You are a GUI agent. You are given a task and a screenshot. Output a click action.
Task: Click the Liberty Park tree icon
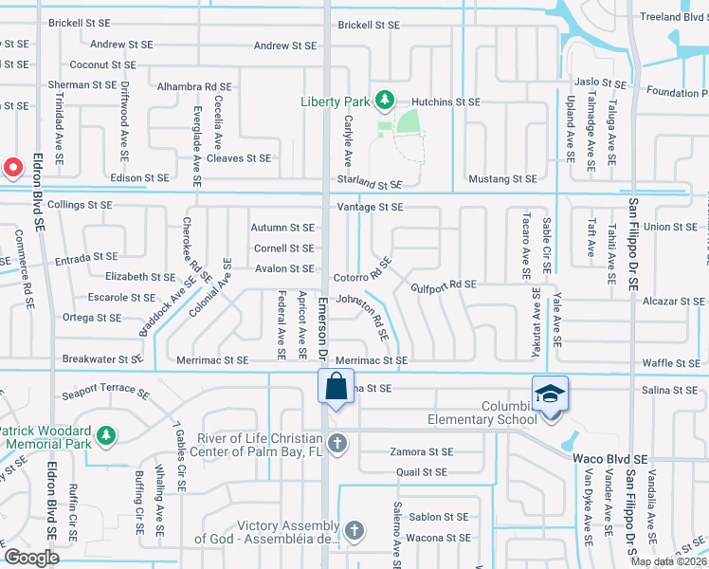click(384, 99)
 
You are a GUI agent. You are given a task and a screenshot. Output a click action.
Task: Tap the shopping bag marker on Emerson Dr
click(336, 388)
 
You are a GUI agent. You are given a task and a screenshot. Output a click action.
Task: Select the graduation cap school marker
click(550, 393)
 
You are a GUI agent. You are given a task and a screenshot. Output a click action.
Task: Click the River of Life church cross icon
click(336, 442)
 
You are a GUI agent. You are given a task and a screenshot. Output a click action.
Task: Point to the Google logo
click(31, 558)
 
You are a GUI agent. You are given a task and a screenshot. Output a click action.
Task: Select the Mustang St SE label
click(503, 178)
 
